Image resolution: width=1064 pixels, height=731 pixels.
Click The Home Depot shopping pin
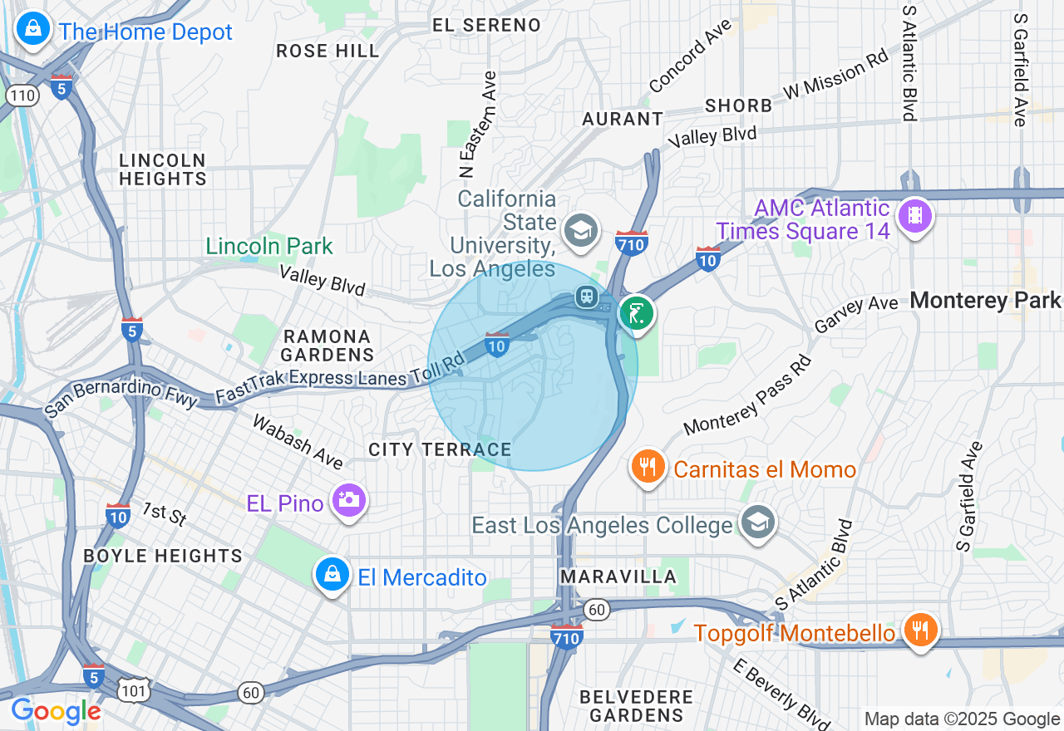click(32, 31)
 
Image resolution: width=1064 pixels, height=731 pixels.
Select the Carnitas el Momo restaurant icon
click(648, 468)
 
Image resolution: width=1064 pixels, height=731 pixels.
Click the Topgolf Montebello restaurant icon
click(920, 632)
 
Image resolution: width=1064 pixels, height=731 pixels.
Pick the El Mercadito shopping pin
click(332, 575)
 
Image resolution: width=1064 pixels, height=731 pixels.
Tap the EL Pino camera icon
click(349, 501)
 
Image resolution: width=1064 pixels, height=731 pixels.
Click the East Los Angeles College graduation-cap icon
click(758, 523)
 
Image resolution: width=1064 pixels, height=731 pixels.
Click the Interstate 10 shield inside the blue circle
click(496, 343)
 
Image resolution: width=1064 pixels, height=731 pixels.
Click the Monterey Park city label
click(986, 301)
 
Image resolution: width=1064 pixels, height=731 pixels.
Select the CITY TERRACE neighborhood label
click(440, 449)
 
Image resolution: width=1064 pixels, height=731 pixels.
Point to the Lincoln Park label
click(269, 246)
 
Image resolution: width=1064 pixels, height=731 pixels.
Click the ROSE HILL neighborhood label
click(328, 51)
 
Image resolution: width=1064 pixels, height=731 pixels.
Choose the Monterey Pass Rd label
click(746, 396)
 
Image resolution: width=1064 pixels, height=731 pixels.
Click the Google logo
click(56, 711)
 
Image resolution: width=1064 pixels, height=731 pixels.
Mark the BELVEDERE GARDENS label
click(637, 705)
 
